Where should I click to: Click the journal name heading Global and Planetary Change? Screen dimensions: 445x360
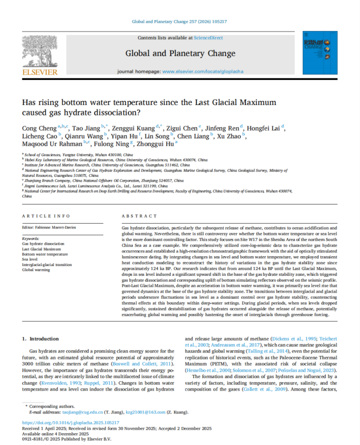click(180, 53)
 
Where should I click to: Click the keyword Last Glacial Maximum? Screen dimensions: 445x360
click(43, 249)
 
